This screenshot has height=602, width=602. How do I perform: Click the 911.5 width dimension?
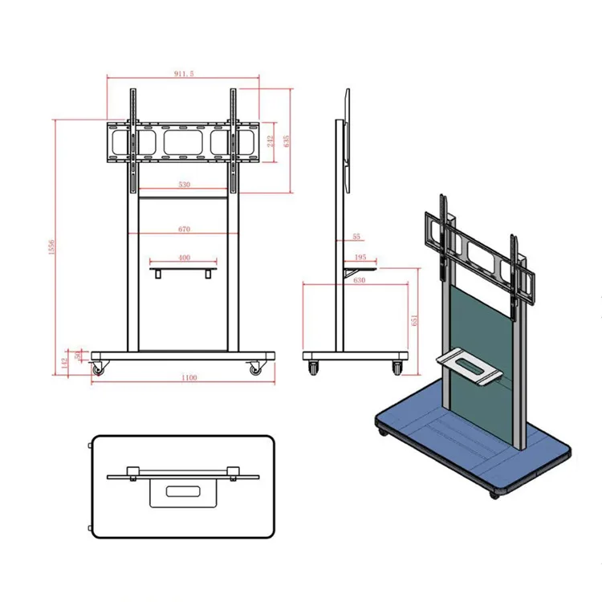pyautogui.click(x=183, y=73)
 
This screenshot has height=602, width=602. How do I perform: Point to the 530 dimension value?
pyautogui.click(x=184, y=185)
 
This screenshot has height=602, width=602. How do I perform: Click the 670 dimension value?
pyautogui.click(x=184, y=230)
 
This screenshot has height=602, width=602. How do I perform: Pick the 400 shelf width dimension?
pyautogui.click(x=184, y=258)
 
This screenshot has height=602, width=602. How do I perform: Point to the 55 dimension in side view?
pyautogui.click(x=356, y=237)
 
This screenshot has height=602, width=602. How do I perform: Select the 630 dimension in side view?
pyautogui.click(x=359, y=280)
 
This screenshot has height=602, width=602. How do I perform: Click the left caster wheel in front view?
pyautogui.click(x=100, y=369)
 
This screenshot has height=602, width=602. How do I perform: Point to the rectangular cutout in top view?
pyautogui.click(x=183, y=490)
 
